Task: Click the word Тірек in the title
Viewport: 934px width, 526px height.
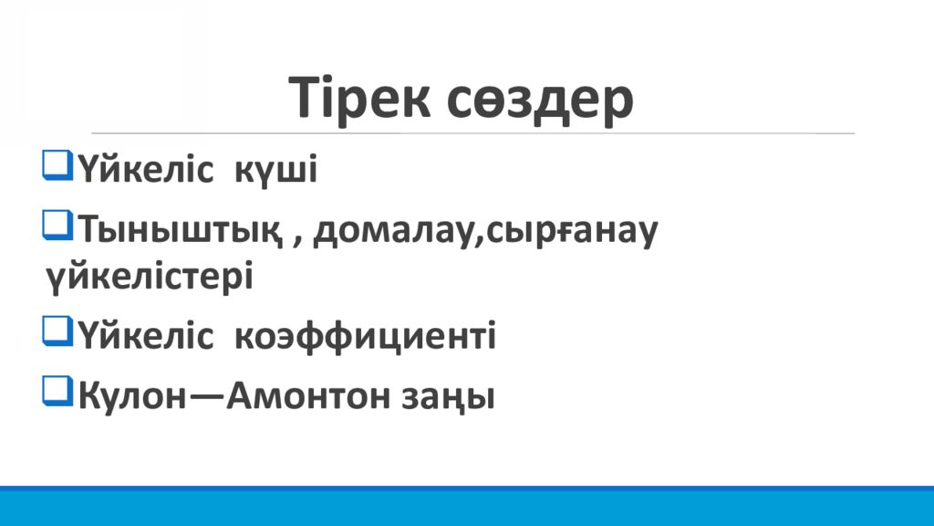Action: coord(359,97)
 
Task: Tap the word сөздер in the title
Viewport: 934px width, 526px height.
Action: coord(540,101)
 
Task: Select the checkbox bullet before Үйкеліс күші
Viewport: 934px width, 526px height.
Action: coord(57,165)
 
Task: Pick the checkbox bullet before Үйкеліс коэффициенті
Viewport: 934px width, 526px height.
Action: coord(57,331)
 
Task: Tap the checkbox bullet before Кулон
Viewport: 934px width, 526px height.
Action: coord(57,391)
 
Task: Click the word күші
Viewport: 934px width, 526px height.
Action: coord(275,170)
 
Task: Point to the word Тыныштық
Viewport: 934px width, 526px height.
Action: coord(180,230)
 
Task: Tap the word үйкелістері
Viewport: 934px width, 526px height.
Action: coord(150,276)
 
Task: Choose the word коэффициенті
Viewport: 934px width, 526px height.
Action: coord(365,336)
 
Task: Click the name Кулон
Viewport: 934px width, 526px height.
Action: coord(132,395)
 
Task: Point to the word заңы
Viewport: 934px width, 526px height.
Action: coord(447,397)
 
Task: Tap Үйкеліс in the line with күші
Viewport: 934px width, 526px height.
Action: coord(145,169)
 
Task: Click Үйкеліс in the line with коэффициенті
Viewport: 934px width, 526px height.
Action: coord(145,336)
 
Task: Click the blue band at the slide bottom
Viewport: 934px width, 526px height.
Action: coord(467,506)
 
